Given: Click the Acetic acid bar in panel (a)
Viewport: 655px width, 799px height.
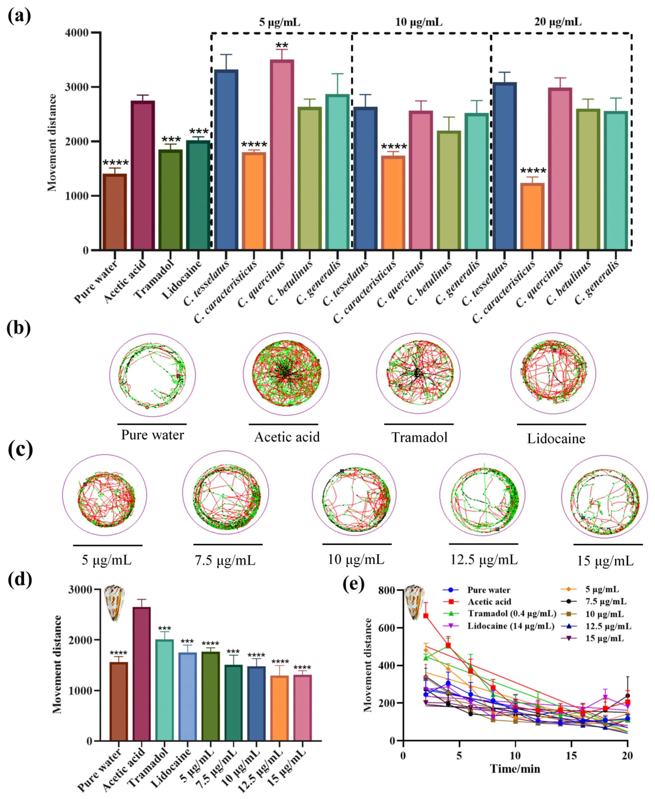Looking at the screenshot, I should tap(143, 175).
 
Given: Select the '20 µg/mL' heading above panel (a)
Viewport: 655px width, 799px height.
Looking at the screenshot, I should tap(558, 22).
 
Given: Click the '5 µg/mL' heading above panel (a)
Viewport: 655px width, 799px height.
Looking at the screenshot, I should tap(280, 22).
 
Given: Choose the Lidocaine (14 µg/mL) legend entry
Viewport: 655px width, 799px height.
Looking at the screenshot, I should tap(511, 626).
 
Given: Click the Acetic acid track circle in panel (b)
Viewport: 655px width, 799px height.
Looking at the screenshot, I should tap(286, 374).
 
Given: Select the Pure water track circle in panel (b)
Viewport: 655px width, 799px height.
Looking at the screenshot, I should tap(152, 375).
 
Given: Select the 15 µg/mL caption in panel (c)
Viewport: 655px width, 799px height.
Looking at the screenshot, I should tap(605, 561).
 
